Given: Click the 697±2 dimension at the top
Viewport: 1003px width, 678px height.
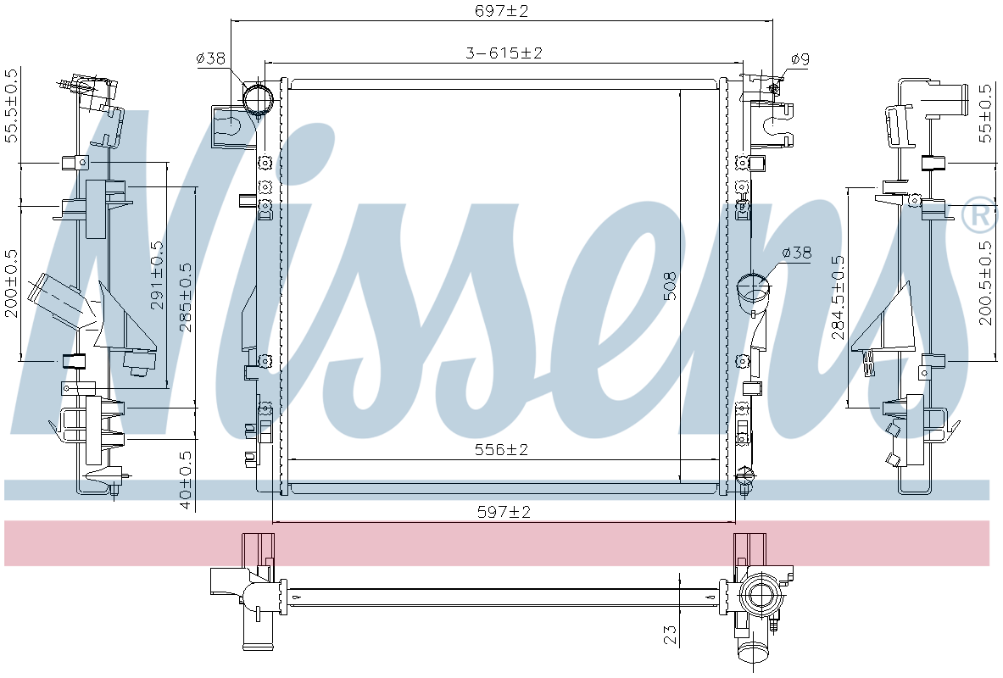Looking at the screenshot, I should [503, 11].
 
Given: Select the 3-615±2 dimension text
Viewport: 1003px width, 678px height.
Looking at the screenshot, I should [503, 53].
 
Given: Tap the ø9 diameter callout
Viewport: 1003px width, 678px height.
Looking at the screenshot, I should [800, 58].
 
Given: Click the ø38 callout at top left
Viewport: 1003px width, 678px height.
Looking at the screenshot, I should [210, 58].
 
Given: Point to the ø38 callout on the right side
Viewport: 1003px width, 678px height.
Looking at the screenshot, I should [797, 253].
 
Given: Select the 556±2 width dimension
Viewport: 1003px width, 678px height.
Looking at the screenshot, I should [501, 449].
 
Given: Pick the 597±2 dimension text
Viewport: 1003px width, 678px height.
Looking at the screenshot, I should [503, 512].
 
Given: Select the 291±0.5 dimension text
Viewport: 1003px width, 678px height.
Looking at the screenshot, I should [158, 275].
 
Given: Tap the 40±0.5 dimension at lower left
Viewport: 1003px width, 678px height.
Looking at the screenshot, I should [186, 480].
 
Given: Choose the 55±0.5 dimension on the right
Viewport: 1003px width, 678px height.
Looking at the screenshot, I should [984, 112].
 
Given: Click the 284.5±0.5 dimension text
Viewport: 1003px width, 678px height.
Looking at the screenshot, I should [838, 297].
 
